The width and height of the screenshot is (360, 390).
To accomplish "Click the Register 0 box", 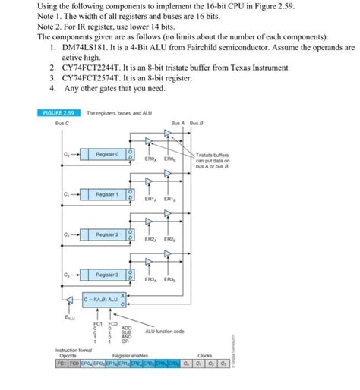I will point(107,154).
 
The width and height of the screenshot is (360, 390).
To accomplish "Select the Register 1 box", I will point(107,195).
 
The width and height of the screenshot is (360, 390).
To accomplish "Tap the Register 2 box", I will point(107,235).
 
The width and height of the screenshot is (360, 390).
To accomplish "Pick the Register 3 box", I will point(107,274).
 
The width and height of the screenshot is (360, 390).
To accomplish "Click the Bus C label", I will point(62,123).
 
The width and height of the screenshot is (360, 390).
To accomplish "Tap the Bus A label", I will point(178,123).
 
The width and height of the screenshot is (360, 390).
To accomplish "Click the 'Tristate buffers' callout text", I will point(216,155).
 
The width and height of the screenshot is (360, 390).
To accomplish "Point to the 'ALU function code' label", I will point(165,332).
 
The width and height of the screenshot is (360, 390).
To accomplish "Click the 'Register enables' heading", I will point(129,355).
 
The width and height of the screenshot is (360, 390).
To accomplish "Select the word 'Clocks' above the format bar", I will point(205,355).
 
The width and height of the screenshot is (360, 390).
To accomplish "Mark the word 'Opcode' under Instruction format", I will point(66,355).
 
